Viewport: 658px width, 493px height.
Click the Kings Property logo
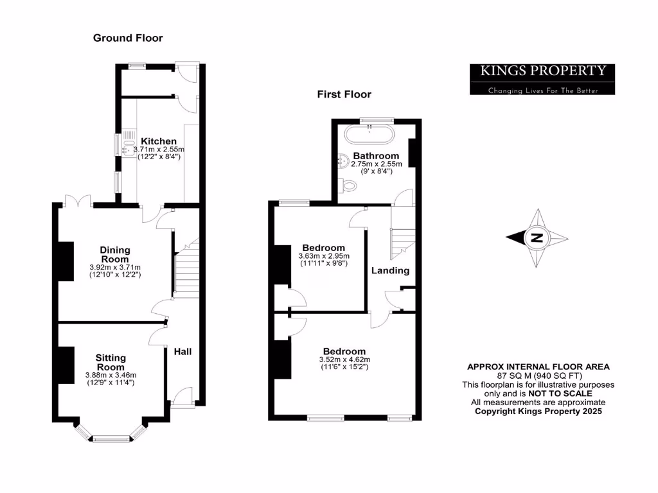(542, 79)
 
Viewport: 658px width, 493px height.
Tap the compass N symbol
(536, 239)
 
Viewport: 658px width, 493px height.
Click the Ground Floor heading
(128, 38)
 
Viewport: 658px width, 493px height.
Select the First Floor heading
(344, 94)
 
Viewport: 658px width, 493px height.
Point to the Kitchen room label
(159, 141)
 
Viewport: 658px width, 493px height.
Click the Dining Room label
(115, 254)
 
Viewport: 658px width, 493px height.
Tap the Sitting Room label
(111, 362)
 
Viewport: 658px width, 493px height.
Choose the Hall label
(182, 351)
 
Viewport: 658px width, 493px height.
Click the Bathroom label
(376, 155)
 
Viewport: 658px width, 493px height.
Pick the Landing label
(390, 270)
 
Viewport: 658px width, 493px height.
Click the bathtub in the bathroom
(370, 135)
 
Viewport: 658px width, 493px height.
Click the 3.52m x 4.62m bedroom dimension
(344, 359)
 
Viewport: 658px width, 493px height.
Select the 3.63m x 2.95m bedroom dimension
(323, 256)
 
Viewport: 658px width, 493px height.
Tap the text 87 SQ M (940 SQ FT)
(538, 376)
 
